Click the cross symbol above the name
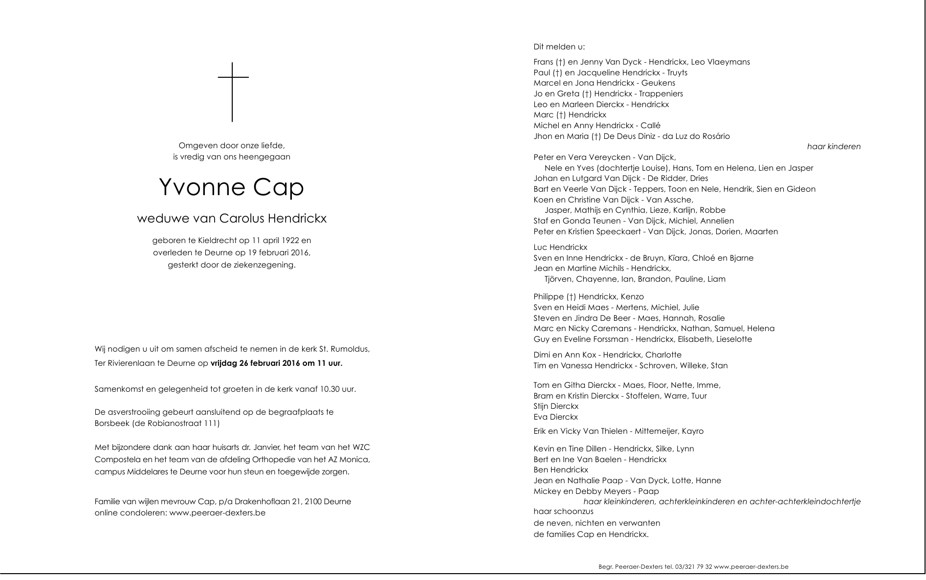pyautogui.click(x=233, y=91)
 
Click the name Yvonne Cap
pyautogui.click(x=231, y=187)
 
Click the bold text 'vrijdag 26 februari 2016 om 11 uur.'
pyautogui.click(x=276, y=363)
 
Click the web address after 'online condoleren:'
pyautogui.click(x=218, y=513)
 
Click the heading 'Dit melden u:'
pyautogui.click(x=559, y=47)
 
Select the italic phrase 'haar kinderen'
pyautogui.click(x=834, y=147)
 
